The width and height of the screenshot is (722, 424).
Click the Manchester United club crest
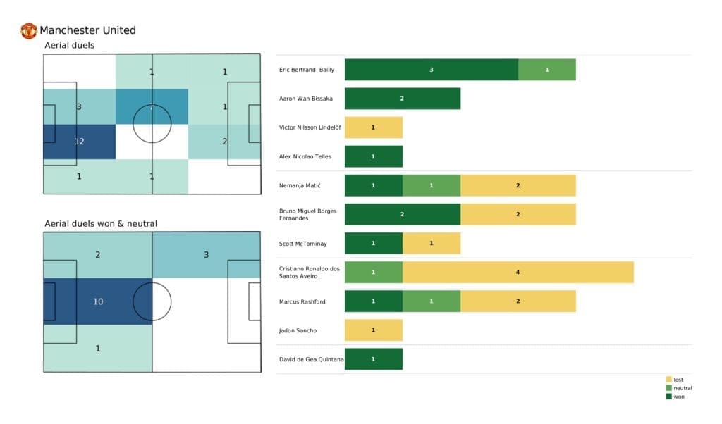(29, 30)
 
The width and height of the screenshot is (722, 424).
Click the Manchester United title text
(87, 30)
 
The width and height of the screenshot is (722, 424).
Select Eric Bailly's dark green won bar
(431, 70)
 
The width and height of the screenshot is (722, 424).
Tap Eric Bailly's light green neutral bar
(546, 70)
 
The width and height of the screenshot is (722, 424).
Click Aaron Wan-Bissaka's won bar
(402, 99)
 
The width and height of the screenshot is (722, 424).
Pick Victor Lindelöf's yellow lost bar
(373, 127)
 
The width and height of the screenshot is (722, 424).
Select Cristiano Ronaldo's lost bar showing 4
(518, 272)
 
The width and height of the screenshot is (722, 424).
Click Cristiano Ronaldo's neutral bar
(373, 272)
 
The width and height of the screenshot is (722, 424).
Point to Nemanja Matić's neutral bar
(431, 185)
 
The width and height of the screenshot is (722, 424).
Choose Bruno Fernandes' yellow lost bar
(518, 214)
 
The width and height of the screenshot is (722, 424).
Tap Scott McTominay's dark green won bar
(373, 243)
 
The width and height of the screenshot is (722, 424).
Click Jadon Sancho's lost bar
(373, 330)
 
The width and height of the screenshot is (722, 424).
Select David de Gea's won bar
(373, 359)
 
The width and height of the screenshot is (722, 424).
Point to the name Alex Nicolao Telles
(306, 156)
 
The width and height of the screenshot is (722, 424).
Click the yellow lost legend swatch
(668, 380)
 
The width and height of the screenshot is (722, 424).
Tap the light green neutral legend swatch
(668, 388)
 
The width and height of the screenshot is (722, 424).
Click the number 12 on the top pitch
(79, 142)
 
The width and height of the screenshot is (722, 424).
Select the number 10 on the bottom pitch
(98, 301)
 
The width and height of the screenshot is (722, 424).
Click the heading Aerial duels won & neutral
(101, 223)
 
